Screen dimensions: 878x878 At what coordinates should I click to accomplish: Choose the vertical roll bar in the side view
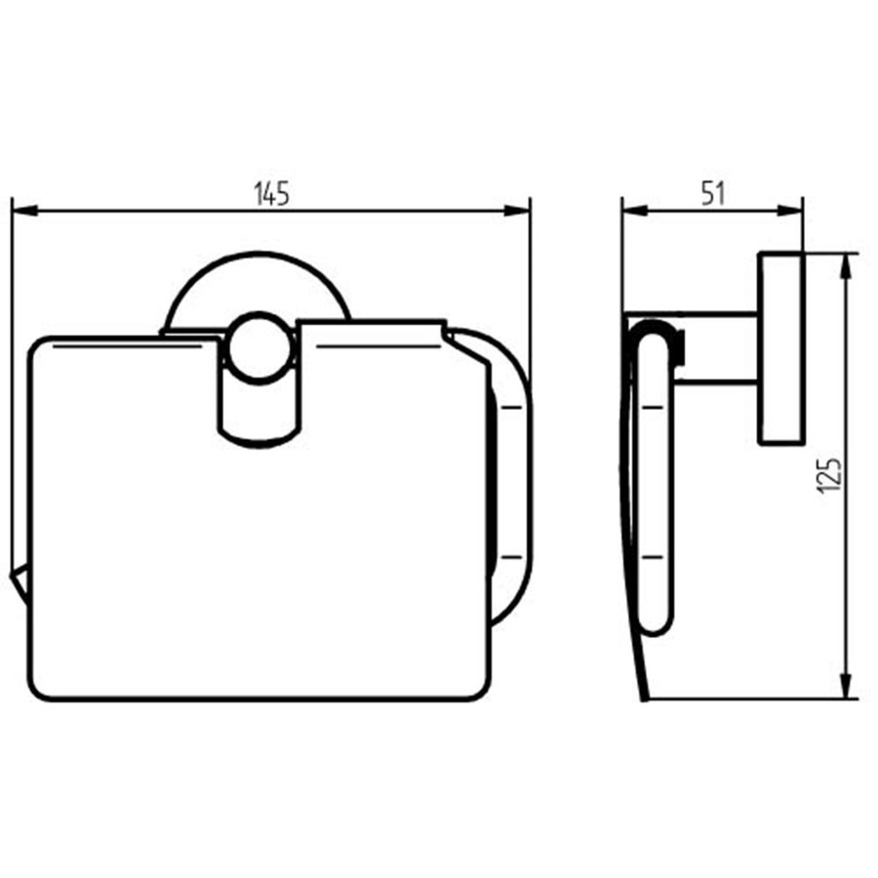(x=652, y=488)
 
